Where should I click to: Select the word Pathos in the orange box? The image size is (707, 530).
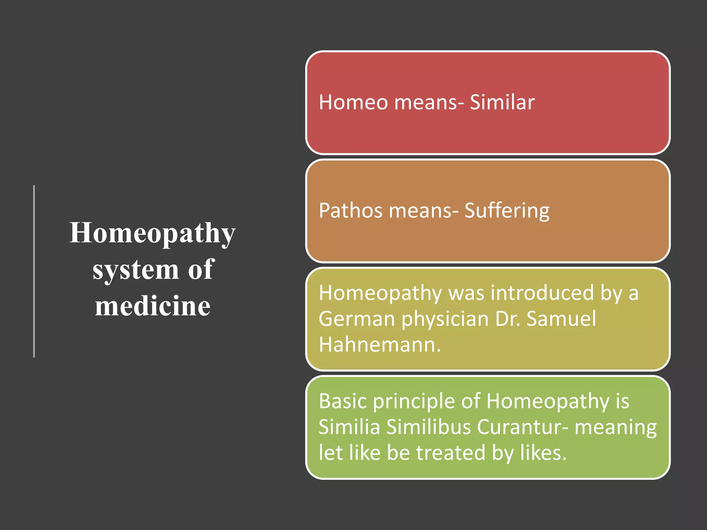[x=351, y=210]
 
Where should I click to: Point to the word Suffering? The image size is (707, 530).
[x=507, y=211]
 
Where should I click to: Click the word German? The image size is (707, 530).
[x=357, y=319]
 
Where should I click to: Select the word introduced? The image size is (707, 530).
[x=542, y=293]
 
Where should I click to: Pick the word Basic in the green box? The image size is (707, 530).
[x=343, y=401]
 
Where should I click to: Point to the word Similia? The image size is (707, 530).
[x=349, y=427]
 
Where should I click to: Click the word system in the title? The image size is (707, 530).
[x=136, y=270]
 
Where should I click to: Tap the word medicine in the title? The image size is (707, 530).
[x=153, y=306]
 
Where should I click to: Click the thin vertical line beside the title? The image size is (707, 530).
[x=34, y=271]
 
